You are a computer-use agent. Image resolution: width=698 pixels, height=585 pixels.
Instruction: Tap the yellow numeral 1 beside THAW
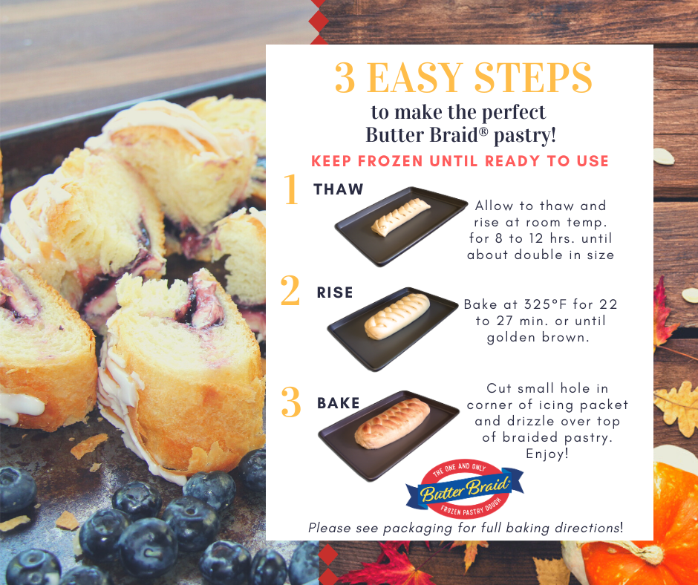(292, 189)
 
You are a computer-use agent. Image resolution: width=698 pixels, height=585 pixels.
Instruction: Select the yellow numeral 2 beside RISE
(290, 290)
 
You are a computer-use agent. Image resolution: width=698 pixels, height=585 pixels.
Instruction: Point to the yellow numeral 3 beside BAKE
(291, 402)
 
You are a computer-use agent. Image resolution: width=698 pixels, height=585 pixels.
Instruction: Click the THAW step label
(339, 189)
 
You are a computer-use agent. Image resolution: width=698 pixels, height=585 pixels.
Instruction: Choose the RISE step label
(335, 292)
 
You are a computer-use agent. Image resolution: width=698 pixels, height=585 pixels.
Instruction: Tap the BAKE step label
(339, 403)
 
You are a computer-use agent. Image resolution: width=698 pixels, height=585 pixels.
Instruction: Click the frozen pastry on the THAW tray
(401, 218)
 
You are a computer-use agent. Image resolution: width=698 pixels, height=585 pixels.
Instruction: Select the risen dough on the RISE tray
(397, 316)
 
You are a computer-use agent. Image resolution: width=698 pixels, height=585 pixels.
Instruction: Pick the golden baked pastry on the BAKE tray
(392, 423)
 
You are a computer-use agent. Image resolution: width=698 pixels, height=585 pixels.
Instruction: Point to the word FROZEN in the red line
(390, 160)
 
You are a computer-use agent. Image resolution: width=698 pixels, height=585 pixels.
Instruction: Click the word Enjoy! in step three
(547, 454)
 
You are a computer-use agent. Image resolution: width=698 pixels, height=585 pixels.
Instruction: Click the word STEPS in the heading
(533, 77)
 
